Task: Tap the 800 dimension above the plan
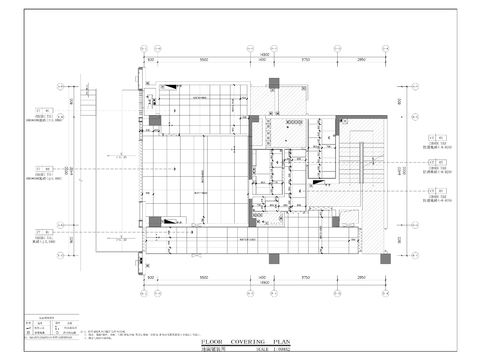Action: pos(152,60)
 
